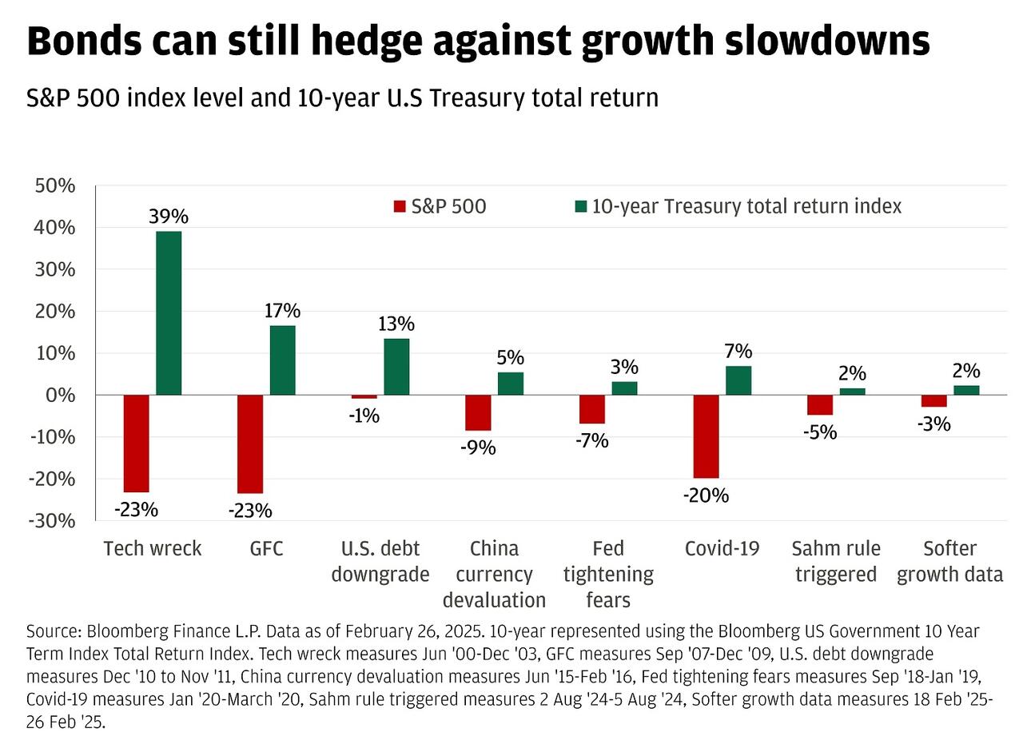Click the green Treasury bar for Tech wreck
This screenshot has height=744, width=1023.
pos(169,313)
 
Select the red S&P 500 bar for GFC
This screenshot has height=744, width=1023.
pos(250,444)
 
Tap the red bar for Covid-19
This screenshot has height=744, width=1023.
pos(706,436)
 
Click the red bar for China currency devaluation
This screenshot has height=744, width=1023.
pos(478,412)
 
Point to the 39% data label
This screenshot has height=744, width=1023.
pos(169,217)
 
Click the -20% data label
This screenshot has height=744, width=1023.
pos(706,495)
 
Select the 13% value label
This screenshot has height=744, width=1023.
pos(396,324)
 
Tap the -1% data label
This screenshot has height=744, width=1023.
pos(364,416)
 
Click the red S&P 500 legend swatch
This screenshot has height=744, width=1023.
pos(400,207)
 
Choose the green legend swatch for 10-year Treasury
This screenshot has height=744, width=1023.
pos(581,207)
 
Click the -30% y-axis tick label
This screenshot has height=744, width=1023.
pos(53,521)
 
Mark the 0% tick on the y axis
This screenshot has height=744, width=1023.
pos(62,396)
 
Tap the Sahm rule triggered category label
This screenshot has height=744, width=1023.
pos(836,561)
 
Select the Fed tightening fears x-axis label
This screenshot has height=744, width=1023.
pos(608,574)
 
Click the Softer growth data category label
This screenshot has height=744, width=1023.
pos(949,561)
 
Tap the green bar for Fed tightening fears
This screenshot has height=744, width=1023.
pos(624,388)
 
